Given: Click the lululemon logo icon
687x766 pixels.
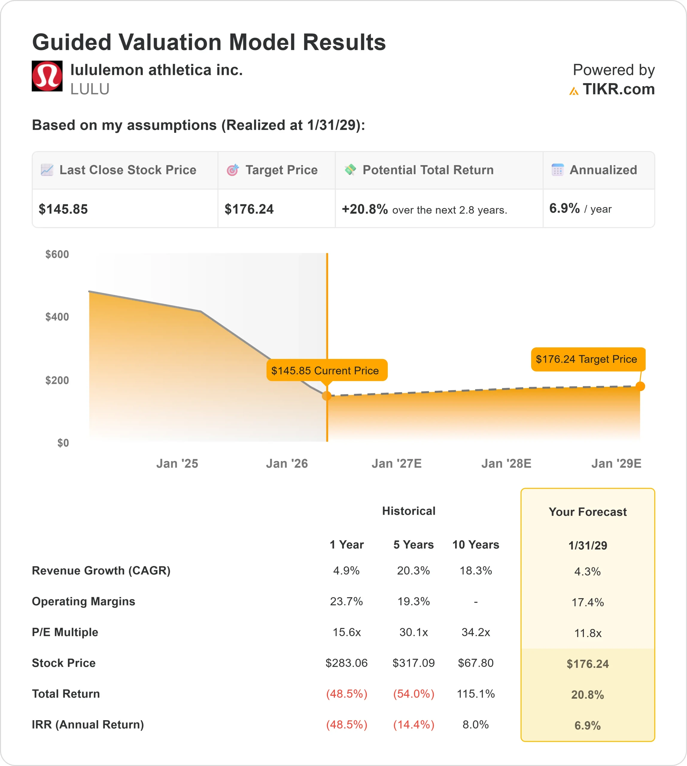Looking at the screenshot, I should click(47, 76).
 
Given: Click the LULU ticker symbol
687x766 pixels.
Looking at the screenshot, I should click(90, 89).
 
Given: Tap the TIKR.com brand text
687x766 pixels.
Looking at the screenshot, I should click(618, 89).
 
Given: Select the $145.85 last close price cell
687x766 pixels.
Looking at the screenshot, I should click(63, 209).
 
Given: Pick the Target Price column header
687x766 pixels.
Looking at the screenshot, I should click(281, 170).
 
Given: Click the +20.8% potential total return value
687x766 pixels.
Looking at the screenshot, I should click(365, 209).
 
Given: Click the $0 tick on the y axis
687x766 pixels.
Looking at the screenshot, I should click(63, 443).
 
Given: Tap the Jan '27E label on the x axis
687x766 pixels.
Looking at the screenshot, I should click(396, 463).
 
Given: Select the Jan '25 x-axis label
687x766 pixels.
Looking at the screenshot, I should click(177, 463).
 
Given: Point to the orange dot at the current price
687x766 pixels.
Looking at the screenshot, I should click(326, 395).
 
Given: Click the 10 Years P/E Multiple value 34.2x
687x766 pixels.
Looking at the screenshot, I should click(476, 632).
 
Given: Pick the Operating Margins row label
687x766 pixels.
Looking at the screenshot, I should click(83, 601).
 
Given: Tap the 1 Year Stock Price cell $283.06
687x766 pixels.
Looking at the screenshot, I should click(346, 663).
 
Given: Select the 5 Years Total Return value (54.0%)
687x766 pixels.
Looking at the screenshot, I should click(414, 694).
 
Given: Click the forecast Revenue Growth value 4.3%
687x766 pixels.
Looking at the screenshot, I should click(587, 571).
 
